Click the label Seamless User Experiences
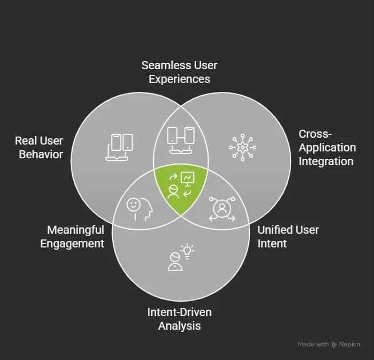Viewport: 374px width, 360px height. [x=179, y=71]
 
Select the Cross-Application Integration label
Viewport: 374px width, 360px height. [x=327, y=147]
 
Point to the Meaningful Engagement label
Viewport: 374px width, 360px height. [x=75, y=237]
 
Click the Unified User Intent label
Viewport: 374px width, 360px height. [x=288, y=237]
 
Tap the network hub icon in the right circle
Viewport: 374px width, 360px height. [x=242, y=146]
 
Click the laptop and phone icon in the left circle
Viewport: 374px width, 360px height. [x=120, y=146]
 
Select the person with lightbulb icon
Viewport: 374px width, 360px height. [x=180, y=258]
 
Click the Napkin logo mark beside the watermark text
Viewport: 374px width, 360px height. [x=335, y=345]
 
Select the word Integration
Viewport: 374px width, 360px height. [x=327, y=162]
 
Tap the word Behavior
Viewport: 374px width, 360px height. [x=41, y=154]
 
